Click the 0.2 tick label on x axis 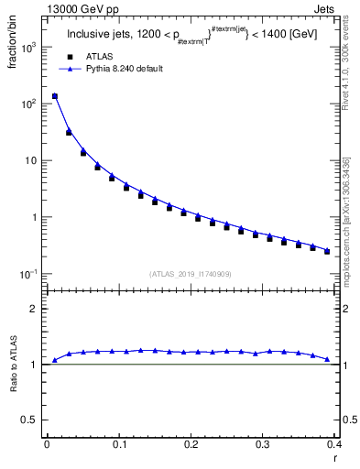point(191,444)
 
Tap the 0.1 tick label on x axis point(118,444)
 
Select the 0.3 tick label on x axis point(263,444)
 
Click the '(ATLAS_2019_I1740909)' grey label point(191,273)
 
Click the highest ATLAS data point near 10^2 point(54,96)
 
